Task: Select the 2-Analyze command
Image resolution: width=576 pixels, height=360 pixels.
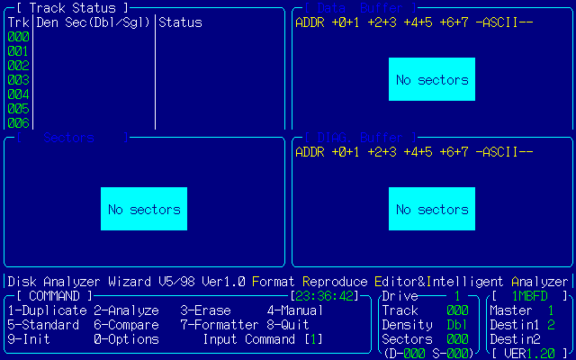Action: (x=126, y=310)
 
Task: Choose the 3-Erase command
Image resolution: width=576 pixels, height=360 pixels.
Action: (x=205, y=310)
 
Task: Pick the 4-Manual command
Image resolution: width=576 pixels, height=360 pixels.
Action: (x=295, y=310)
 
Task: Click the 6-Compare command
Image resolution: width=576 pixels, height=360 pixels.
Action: (x=126, y=325)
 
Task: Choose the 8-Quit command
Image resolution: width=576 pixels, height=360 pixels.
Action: (x=288, y=325)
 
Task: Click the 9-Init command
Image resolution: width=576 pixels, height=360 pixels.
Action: (x=29, y=339)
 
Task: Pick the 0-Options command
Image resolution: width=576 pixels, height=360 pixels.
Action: (x=126, y=339)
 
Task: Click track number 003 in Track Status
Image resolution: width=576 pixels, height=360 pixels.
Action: (x=18, y=80)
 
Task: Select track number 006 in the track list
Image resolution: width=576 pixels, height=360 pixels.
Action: (x=18, y=123)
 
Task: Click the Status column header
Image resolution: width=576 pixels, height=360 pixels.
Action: (x=180, y=22)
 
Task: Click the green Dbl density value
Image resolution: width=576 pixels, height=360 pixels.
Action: (x=457, y=325)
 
